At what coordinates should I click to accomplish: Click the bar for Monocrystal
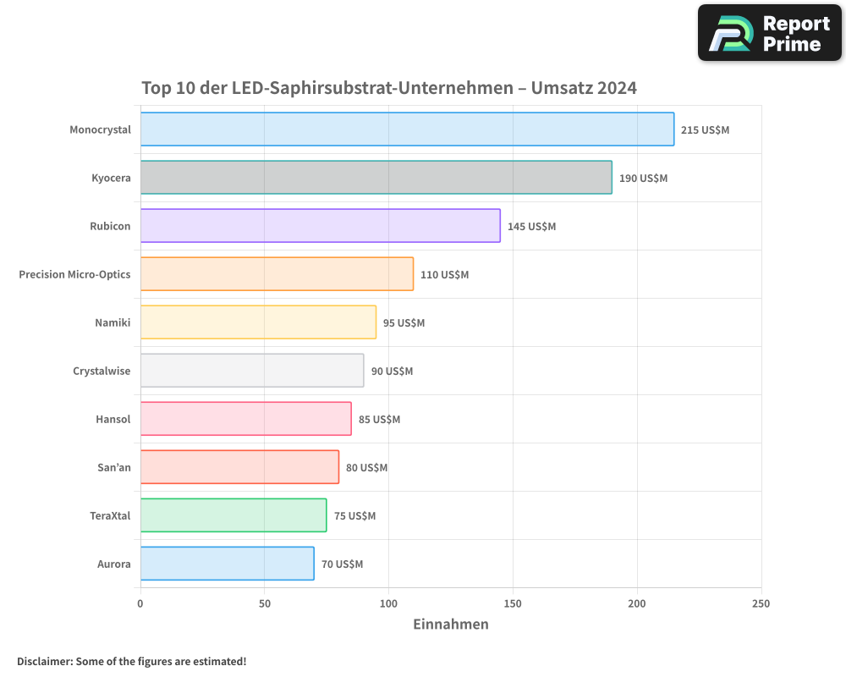(x=407, y=129)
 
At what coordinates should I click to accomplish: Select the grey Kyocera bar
(x=376, y=178)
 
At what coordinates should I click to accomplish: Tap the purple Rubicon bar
(x=320, y=226)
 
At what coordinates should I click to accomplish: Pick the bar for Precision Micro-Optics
(x=277, y=274)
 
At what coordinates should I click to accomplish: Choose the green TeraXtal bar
(x=233, y=515)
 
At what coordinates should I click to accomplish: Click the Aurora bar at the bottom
(x=227, y=564)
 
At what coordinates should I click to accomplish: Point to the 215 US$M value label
(x=705, y=130)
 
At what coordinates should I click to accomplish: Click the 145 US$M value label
(x=531, y=227)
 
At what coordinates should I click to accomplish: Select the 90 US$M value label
(x=392, y=372)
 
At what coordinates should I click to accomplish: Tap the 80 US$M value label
(x=366, y=468)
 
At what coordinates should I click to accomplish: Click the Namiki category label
(x=113, y=322)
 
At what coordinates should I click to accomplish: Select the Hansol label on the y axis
(x=113, y=419)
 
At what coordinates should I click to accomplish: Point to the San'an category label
(x=113, y=467)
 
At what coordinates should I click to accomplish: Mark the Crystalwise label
(x=102, y=371)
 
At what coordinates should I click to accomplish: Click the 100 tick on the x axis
(x=388, y=603)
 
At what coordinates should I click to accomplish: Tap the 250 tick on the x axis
(x=761, y=603)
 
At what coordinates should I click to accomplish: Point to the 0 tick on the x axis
(x=140, y=603)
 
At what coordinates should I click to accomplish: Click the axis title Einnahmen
(x=450, y=625)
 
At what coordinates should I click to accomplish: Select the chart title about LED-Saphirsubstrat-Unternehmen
(x=388, y=88)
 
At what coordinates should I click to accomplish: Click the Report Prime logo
(x=770, y=33)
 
